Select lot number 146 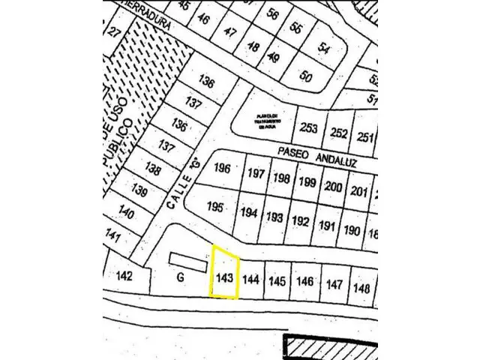[x=304, y=282]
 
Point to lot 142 [x=125, y=275]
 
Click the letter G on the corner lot [x=180, y=277]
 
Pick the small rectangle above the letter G [x=187, y=261]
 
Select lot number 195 [x=215, y=207]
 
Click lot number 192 [x=301, y=221]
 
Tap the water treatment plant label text [x=266, y=120]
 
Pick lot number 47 [x=230, y=32]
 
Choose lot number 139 [x=139, y=190]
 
